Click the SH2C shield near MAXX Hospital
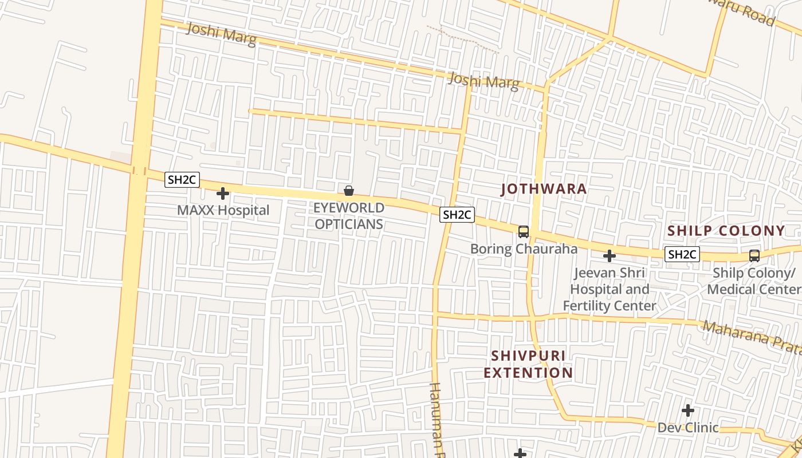click(x=182, y=180)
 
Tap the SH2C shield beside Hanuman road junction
click(x=457, y=215)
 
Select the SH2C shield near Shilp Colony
click(x=682, y=254)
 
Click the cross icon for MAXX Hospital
click(x=223, y=194)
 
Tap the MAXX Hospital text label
click(x=223, y=210)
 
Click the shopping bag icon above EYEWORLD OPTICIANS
click(x=348, y=191)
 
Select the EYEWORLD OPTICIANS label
click(x=348, y=216)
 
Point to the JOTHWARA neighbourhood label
click(x=544, y=189)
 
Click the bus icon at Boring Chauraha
click(x=523, y=232)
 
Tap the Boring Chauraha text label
click(x=524, y=249)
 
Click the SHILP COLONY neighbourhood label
click(x=726, y=231)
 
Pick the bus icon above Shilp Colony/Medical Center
click(x=754, y=256)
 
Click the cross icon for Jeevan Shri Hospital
click(x=610, y=255)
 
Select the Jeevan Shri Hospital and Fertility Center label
click(x=609, y=289)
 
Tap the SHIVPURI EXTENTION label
click(x=528, y=364)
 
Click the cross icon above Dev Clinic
click(x=687, y=410)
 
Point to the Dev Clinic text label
click(x=687, y=428)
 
